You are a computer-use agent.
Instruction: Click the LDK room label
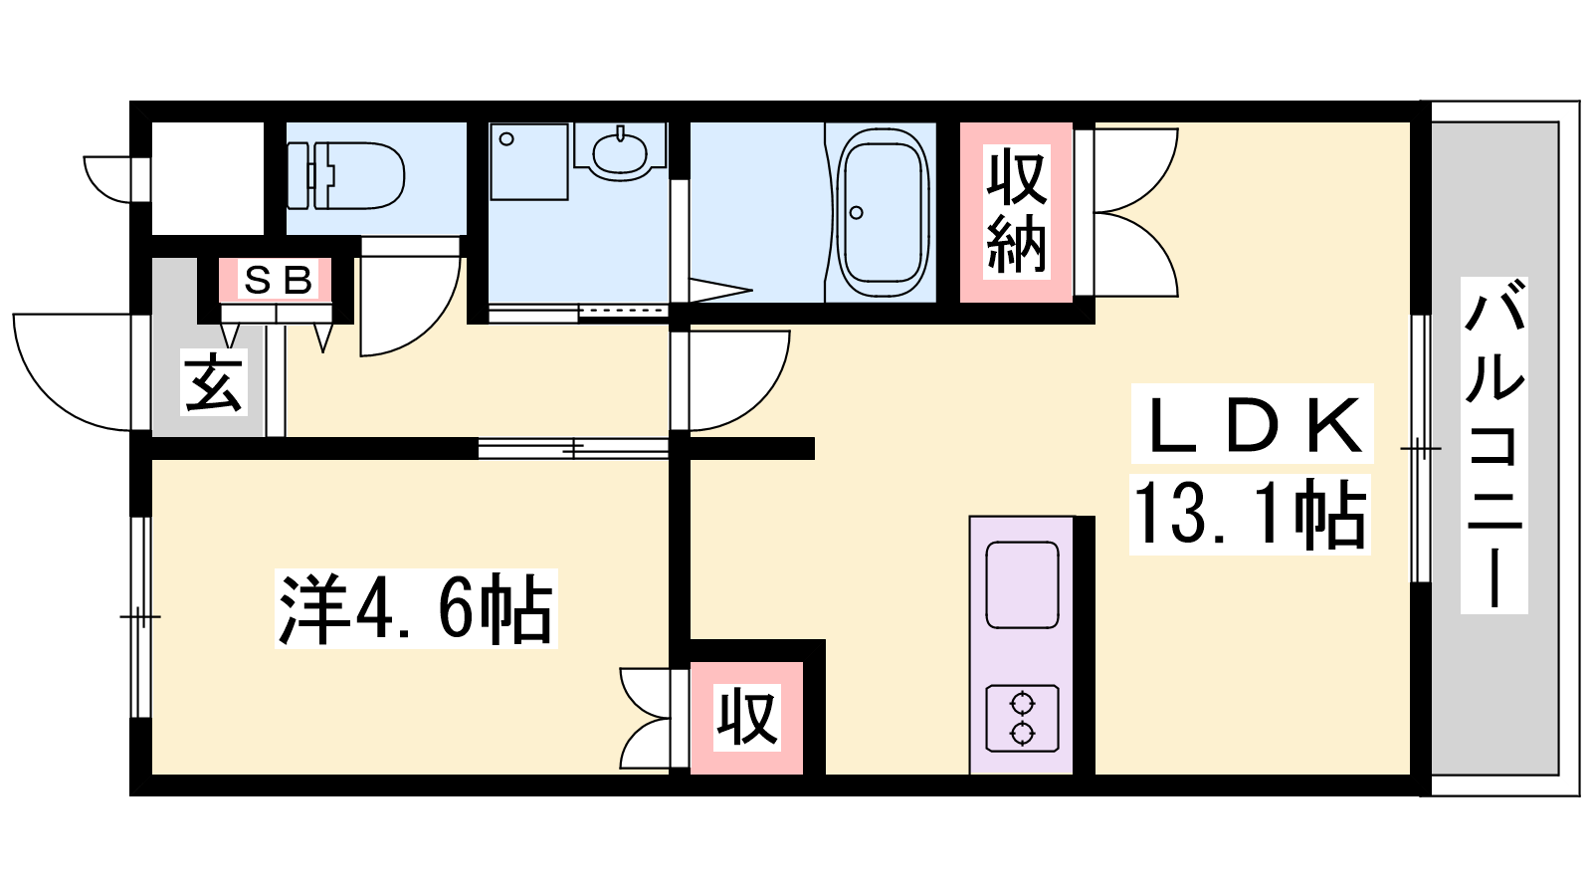click(x=1254, y=424)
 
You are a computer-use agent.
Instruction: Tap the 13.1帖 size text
click(x=1250, y=516)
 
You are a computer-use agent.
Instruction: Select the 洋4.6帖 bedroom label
click(x=416, y=608)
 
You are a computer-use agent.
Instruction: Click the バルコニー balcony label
click(x=1493, y=445)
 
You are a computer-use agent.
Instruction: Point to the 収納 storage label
click(x=1016, y=211)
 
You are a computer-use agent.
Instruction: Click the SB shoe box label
click(x=278, y=280)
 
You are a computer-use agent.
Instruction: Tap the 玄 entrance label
click(x=214, y=382)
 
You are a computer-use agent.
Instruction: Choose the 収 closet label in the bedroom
click(x=747, y=717)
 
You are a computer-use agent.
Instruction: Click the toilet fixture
click(x=346, y=175)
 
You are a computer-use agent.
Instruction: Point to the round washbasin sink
click(x=620, y=153)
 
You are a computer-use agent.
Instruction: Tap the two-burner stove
click(x=1023, y=719)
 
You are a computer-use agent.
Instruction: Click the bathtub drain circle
click(x=857, y=212)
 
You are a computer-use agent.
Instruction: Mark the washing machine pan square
click(x=529, y=162)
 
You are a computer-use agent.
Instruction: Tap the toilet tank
click(x=298, y=175)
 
